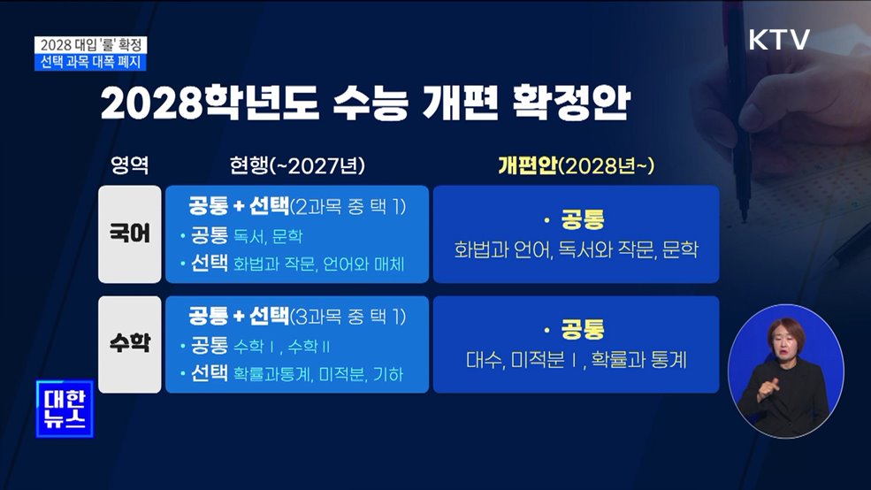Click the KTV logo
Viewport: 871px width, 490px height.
[778, 40]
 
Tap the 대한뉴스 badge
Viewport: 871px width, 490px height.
[64, 409]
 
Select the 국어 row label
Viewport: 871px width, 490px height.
[130, 234]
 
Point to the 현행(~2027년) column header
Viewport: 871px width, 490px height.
[297, 166]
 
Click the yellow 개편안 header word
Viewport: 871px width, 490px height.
[527, 165]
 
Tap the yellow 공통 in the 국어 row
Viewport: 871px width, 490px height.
[583, 220]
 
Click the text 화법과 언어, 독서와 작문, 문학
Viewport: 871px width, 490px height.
[576, 250]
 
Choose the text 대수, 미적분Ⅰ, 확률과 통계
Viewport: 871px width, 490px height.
[576, 360]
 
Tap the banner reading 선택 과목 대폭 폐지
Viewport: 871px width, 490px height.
[90, 61]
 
